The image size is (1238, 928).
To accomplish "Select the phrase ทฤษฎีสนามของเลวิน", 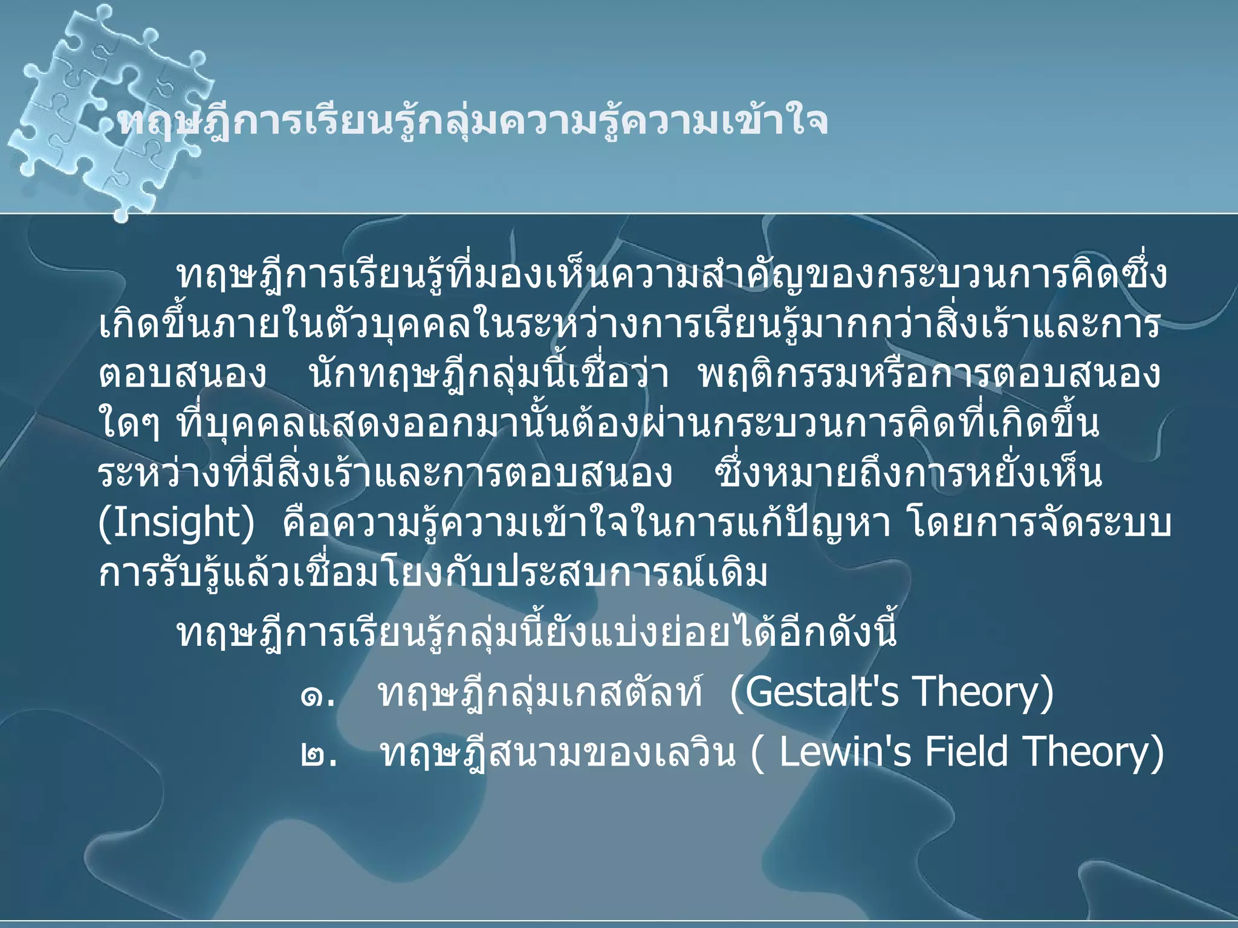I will click(x=558, y=754).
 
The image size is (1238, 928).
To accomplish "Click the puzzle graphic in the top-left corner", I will click(x=109, y=109).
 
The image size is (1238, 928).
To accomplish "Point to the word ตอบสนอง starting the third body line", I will click(x=182, y=375).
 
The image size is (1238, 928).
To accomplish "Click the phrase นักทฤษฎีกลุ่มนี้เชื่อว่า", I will click(x=489, y=375).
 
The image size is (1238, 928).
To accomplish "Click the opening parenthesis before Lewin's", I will click(x=757, y=754).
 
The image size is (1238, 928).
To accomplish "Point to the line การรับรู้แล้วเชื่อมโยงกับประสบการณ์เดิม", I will click(x=433, y=573).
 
